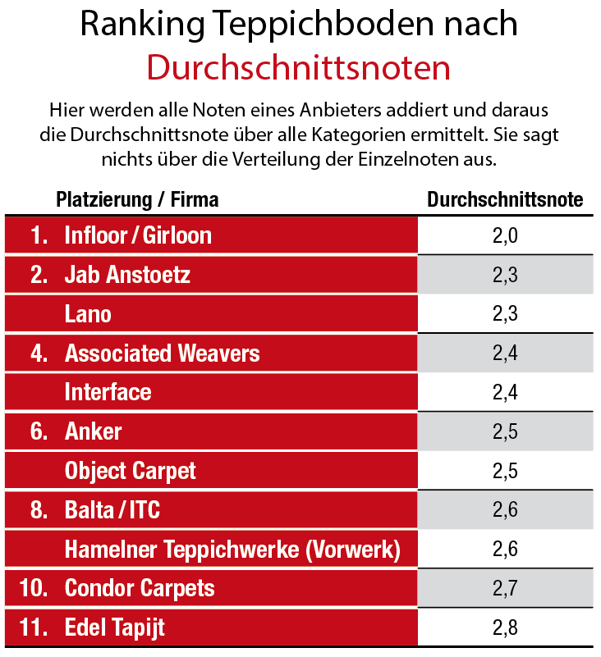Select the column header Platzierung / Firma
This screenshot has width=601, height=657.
137,199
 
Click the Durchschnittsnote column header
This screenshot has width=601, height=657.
505,199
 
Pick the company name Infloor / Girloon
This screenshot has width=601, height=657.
138,235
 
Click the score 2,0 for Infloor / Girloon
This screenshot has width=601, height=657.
505,235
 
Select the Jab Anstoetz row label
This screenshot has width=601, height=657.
127,275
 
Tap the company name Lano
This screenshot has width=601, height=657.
88,314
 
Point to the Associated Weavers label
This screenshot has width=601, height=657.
162,354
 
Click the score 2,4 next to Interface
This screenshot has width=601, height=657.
505,393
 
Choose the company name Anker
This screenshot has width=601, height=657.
93,431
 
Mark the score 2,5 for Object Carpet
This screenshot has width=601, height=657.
505,471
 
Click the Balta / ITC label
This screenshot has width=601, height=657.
112,510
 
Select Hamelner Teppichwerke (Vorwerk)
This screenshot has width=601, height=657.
232,550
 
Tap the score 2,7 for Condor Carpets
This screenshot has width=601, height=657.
505,589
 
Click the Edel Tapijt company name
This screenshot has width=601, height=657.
114,628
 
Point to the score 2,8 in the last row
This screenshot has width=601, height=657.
505,628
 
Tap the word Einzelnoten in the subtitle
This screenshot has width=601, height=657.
402,158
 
